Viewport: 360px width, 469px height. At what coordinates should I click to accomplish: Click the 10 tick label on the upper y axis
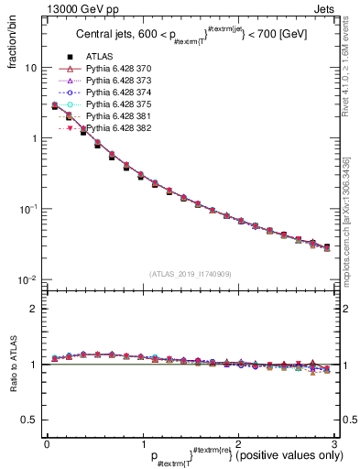pos(31,69)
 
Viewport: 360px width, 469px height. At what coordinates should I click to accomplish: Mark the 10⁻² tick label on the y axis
pos(29,278)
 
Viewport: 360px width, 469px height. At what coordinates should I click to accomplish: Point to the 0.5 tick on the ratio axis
pos(32,420)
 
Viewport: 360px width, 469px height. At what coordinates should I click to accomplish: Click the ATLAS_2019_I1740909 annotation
pos(190,274)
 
